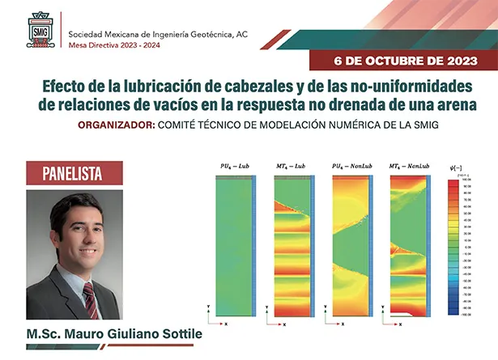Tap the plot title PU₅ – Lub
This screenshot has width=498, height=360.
pos(232,164)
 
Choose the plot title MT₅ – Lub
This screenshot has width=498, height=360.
pos(290,164)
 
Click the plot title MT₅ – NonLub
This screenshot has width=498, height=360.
pos(406,164)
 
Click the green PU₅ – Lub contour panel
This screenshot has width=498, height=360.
pos(232,243)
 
